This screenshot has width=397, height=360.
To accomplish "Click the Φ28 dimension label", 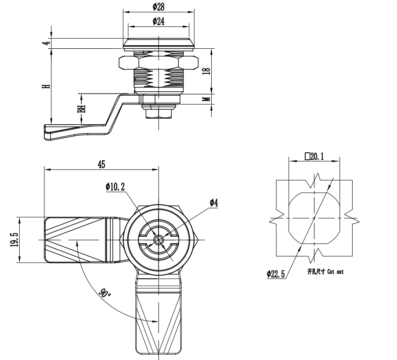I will pyautogui.click(x=159, y=7).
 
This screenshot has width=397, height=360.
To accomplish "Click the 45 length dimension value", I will pyautogui.click(x=101, y=165).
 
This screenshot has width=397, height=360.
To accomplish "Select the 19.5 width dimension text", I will pyautogui.click(x=14, y=240).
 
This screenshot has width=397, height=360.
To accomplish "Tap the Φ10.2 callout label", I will pyautogui.click(x=115, y=187).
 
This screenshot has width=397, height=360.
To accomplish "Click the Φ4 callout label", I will pyautogui.click(x=214, y=202).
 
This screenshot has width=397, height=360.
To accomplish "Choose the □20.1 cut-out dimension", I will pyautogui.click(x=314, y=156).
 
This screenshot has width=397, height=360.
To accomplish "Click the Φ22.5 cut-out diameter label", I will pyautogui.click(x=276, y=274).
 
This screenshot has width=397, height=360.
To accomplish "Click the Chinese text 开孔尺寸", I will pyautogui.click(x=316, y=272).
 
